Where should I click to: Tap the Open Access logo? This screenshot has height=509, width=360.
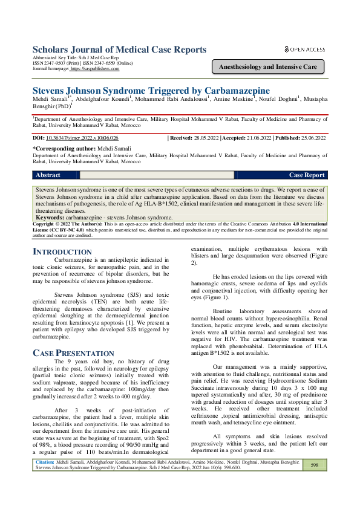[x=305, y=49]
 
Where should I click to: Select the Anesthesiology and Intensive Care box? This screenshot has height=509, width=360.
[x=267, y=67]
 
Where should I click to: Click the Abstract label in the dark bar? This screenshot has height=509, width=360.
[x=48, y=175]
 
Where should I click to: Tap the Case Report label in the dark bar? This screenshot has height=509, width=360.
[x=306, y=175]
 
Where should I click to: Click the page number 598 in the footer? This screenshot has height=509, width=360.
[x=314, y=465]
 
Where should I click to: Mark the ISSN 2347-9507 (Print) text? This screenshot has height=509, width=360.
[x=54, y=63]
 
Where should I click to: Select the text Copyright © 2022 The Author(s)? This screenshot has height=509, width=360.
[x=68, y=224]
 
